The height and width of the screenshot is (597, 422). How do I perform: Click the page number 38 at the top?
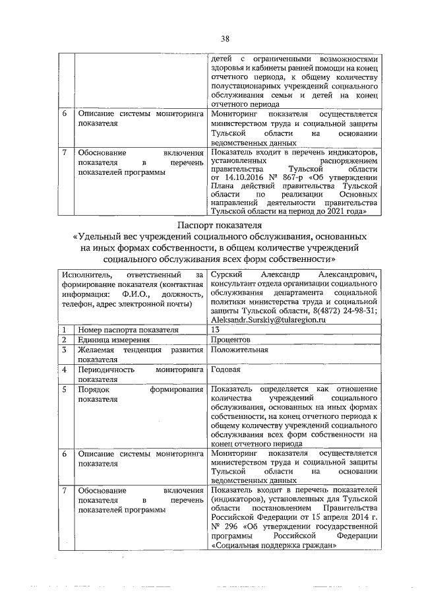(225, 38)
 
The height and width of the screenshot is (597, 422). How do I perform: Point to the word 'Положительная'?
(239, 350)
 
